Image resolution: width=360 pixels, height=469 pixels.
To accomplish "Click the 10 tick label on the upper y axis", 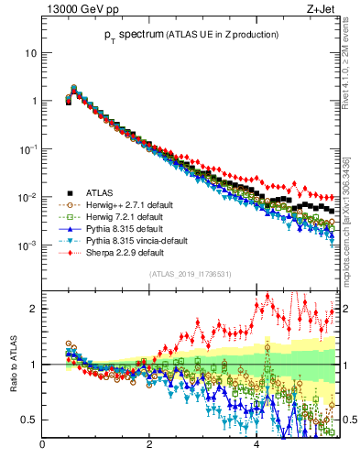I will tap(30, 53).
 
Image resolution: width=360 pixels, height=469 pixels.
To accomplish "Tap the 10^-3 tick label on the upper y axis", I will tap(27, 245).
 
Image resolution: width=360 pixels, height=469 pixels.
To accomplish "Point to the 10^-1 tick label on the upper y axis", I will tap(27, 149).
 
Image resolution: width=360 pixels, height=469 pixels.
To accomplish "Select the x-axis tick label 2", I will tap(149, 446).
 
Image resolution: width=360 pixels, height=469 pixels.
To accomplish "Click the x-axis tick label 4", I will tap(256, 446).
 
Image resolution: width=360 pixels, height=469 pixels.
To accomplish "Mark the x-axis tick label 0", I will tap(43, 446).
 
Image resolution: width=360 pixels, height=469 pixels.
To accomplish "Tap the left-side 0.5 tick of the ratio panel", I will tap(29, 420).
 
